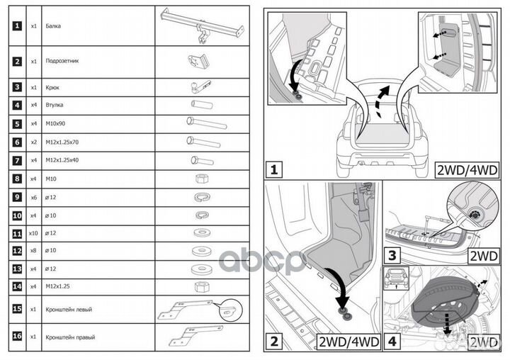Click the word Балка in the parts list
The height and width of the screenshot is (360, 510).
coord(52,26)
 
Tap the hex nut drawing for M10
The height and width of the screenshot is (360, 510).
coord(200,178)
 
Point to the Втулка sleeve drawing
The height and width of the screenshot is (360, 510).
coord(201,104)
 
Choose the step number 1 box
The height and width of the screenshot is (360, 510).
coord(273,170)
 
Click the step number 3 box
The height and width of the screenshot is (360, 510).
coord(390,254)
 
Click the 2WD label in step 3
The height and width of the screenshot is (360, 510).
coord(488,255)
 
